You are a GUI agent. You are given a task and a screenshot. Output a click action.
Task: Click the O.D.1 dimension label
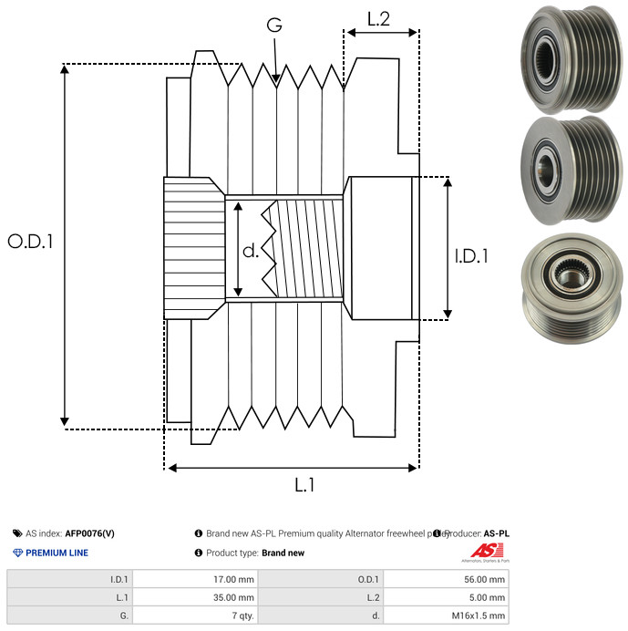[31, 242]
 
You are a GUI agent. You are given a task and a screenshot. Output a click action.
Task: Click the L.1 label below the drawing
[304, 486]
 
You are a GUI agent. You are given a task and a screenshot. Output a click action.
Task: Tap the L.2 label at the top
[379, 18]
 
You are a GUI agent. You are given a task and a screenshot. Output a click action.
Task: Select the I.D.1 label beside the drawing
[471, 257]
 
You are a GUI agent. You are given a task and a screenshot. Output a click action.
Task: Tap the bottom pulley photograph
[567, 290]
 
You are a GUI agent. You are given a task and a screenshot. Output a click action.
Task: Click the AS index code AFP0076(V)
[89, 533]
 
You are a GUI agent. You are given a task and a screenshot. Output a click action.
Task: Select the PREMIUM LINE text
[57, 553]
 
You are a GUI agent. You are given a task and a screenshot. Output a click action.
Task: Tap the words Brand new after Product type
[283, 553]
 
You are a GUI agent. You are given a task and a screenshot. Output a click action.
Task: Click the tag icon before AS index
[17, 533]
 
